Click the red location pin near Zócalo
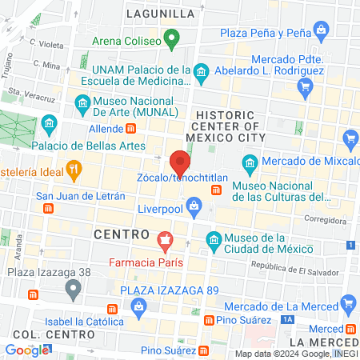tap(180, 162)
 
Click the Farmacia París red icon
tap(166, 238)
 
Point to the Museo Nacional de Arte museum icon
tap(82, 102)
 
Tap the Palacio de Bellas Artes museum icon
tap(50, 124)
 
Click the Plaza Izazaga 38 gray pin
tap(74, 286)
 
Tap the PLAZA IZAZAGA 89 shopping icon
tap(139, 306)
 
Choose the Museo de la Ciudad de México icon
tap(214, 238)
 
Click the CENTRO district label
tap(122, 234)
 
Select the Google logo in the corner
tap(26, 350)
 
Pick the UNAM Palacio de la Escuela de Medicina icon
tap(202, 73)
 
